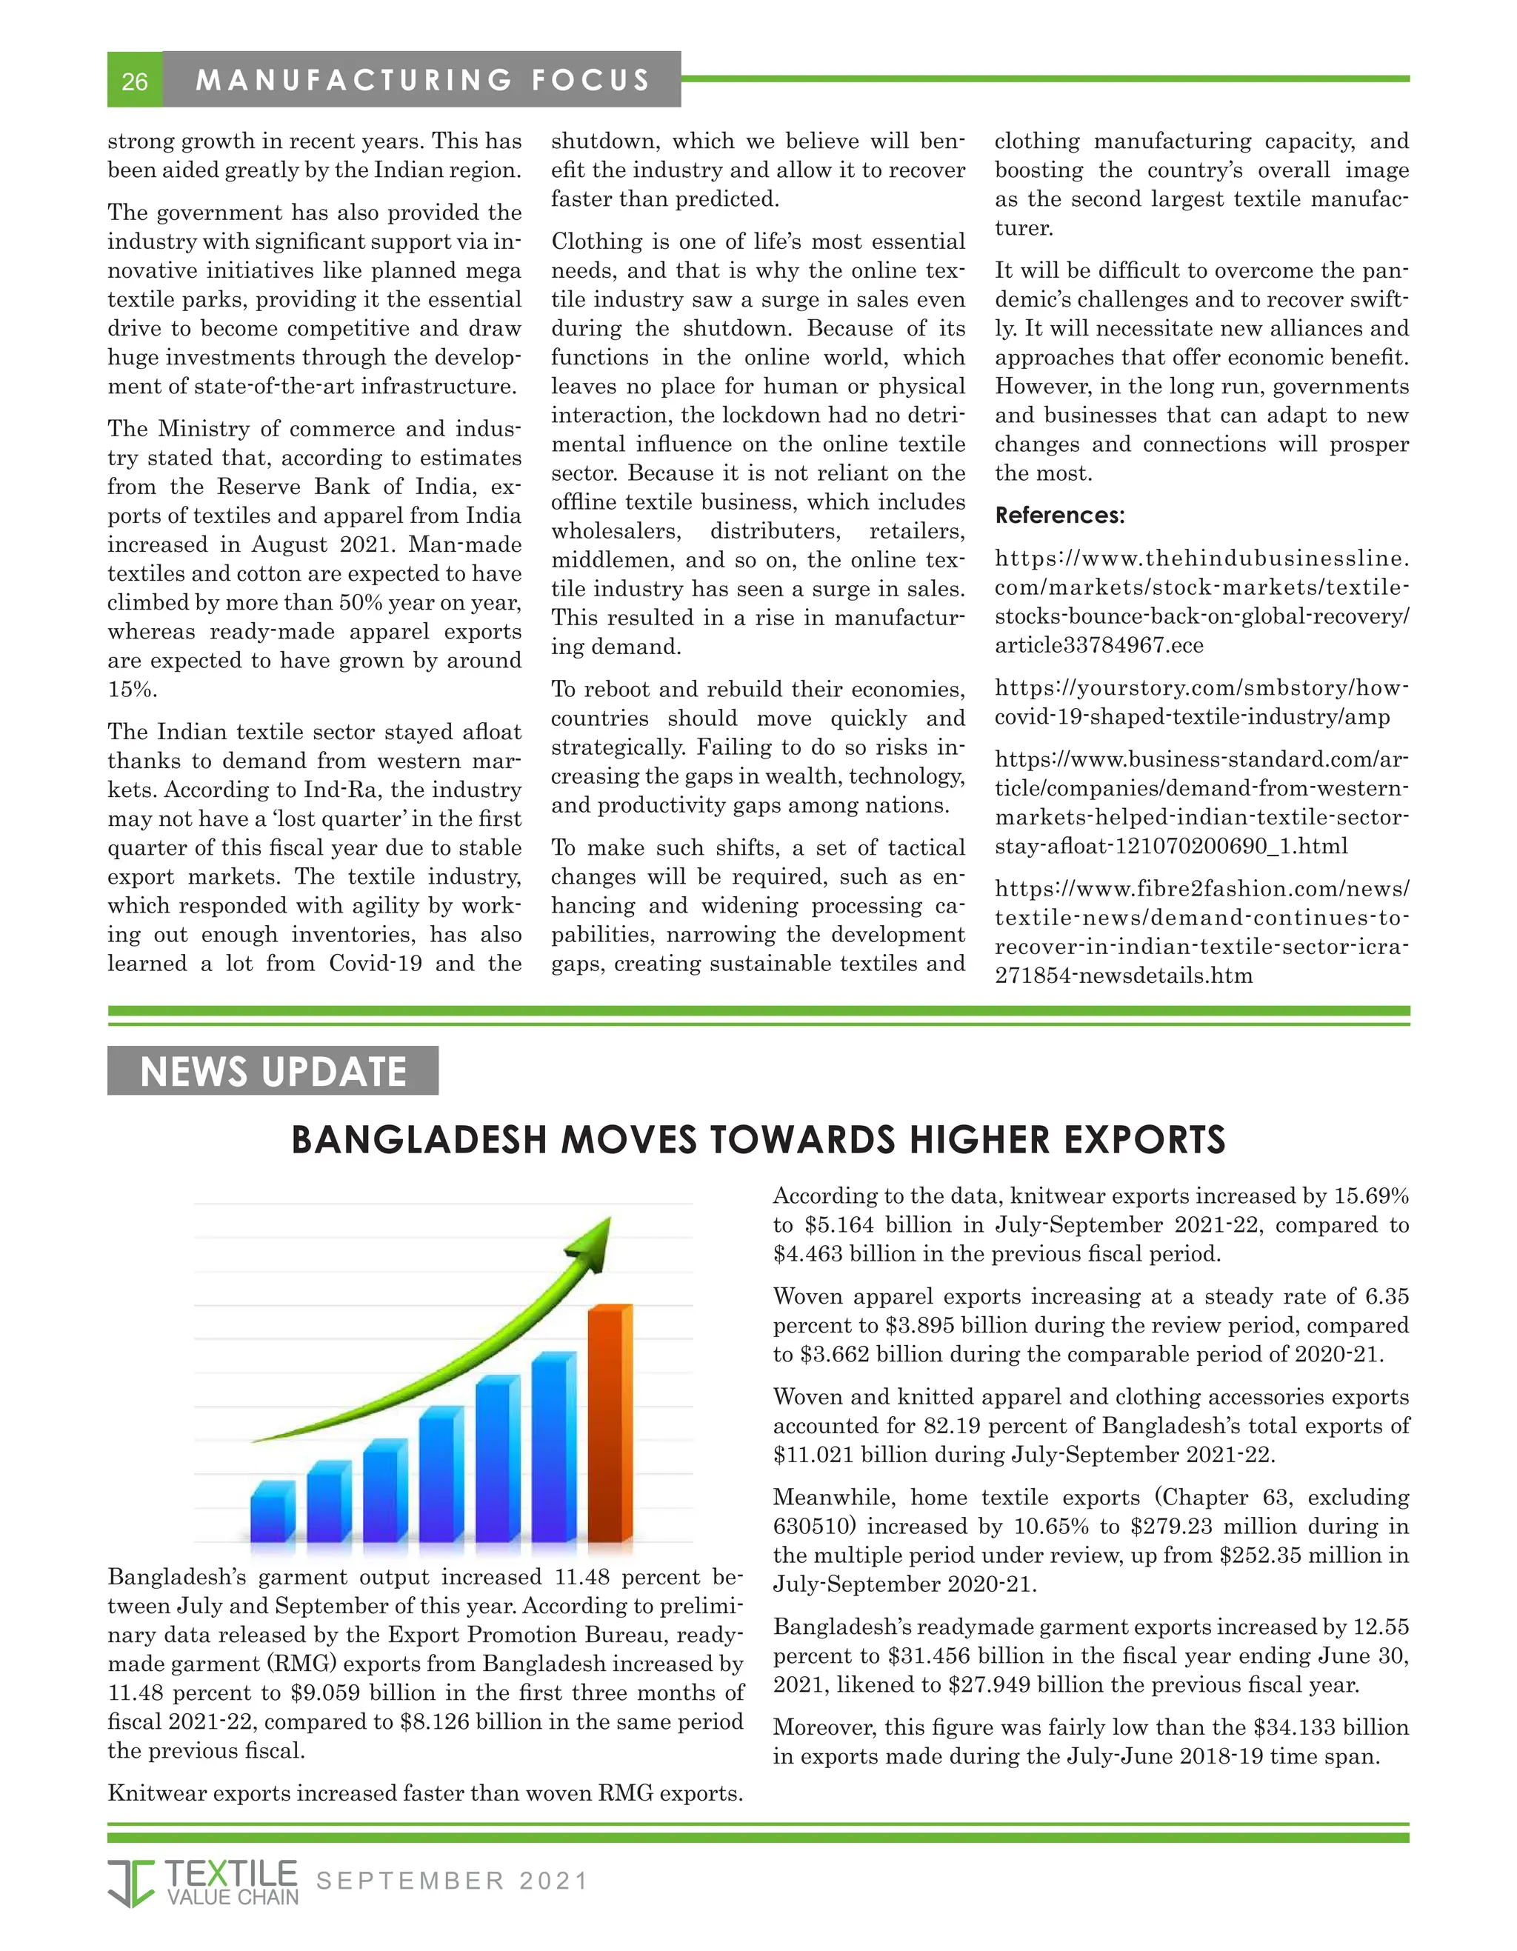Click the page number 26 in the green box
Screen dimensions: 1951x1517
coord(134,81)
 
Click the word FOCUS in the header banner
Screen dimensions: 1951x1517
coord(590,81)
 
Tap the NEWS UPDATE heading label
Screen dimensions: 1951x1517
coord(273,1071)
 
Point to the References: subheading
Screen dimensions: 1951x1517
coord(1059,516)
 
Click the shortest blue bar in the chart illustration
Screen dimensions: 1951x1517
coord(273,1512)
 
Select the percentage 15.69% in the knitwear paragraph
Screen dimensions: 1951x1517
coord(1371,1196)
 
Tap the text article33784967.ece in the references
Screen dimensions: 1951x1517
coord(1099,646)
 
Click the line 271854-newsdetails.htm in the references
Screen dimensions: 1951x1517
coord(1123,975)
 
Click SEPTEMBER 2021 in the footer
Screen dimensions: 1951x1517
coord(452,1881)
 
